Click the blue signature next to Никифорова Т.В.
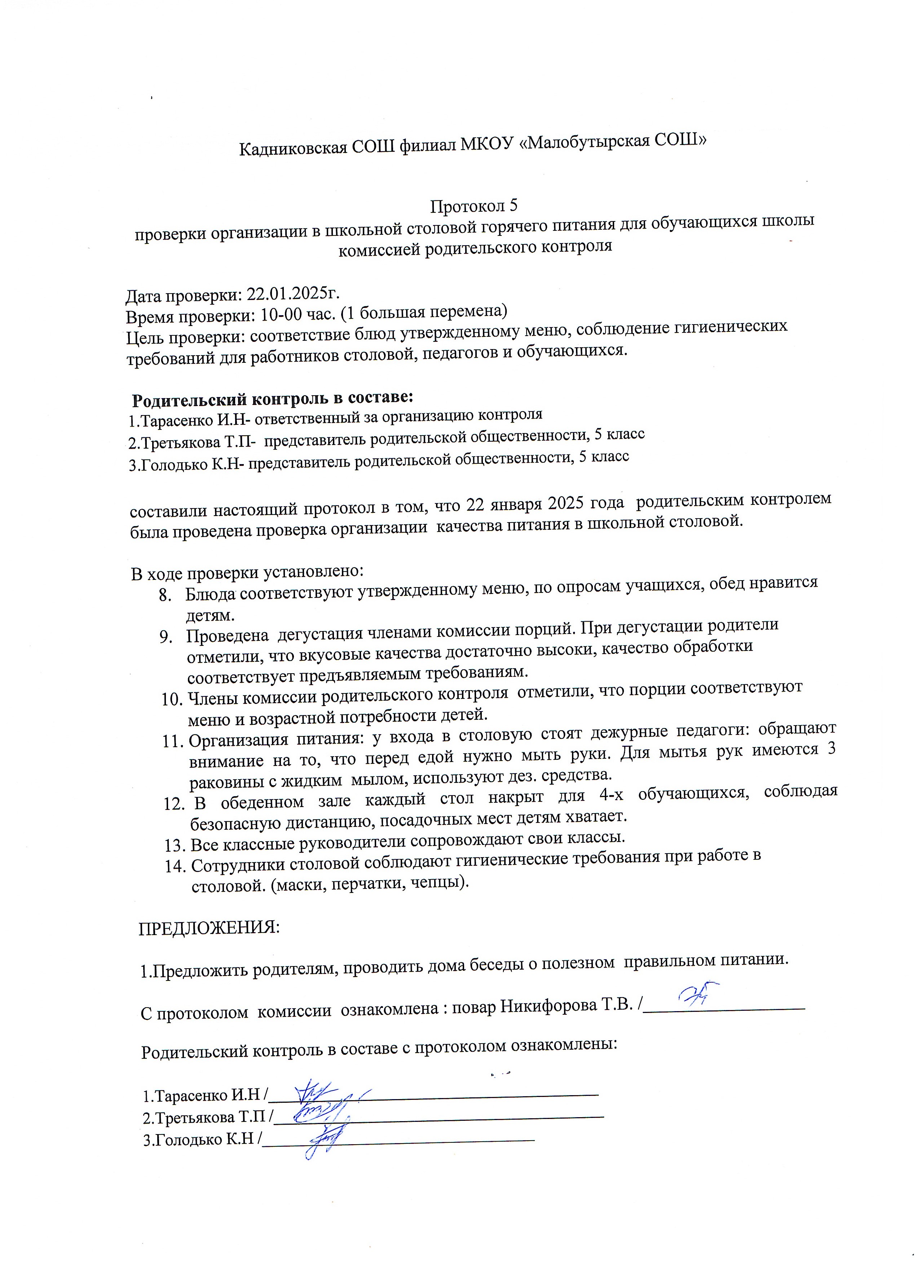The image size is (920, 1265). coord(697,995)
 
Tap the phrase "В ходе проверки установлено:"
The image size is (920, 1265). coord(247,572)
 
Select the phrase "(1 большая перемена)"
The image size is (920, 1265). coord(425,311)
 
